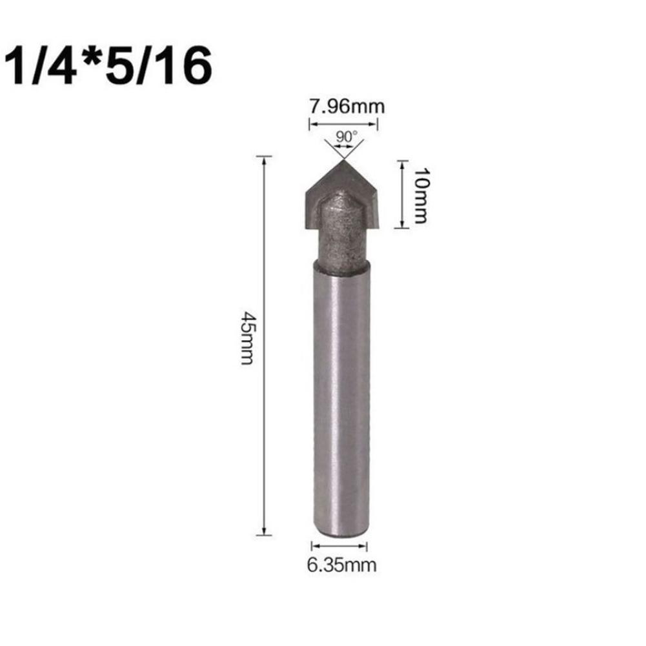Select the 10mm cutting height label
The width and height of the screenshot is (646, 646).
420,195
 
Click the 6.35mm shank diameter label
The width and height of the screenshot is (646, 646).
341,565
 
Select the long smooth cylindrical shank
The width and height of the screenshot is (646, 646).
341,400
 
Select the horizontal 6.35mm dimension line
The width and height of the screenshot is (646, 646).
340,546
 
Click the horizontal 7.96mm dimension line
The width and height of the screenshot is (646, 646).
343,124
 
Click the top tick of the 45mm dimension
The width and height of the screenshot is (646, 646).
264,156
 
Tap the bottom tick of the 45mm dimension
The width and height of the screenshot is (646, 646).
264,534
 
